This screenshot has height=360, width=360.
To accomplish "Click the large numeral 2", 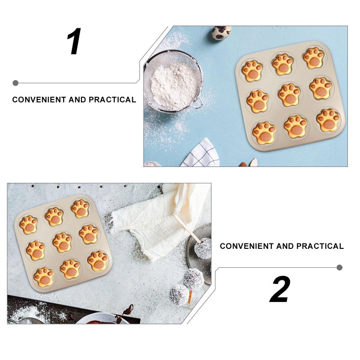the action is coord(280,289).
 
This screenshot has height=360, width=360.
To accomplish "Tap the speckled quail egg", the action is coord(221,32).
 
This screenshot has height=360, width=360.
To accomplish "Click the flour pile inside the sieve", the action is coord(175,85).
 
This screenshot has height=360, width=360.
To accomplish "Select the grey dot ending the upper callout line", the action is coord(16,83).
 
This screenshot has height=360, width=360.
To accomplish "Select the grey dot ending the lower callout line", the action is coord(340,267).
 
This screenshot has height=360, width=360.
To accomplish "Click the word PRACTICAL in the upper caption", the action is coord(112,99).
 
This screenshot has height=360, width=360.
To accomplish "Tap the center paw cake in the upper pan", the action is coord(289,95).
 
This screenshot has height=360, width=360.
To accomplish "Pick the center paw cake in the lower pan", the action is coord(62,243).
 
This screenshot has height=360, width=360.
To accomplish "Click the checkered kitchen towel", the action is coord(201,153).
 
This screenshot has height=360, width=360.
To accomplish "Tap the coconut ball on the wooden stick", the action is coord(203,248).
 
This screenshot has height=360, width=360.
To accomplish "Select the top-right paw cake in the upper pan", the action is coord(314,58).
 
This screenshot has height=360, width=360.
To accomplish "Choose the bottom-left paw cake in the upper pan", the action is coord(264,133).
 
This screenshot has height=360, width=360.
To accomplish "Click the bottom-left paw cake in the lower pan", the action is coord(44,277).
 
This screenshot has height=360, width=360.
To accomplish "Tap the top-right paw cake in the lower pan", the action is coord(81,209).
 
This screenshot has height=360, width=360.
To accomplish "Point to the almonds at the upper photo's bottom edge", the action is coord(249,162).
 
